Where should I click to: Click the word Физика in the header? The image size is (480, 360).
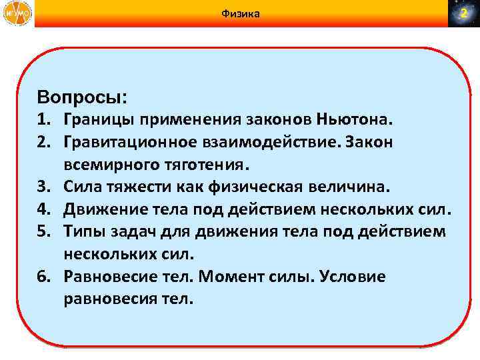coord(240,13)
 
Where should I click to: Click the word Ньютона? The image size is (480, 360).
coord(361,121)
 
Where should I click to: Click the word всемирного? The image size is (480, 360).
coord(107,165)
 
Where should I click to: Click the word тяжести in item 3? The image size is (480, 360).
coord(131,187)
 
